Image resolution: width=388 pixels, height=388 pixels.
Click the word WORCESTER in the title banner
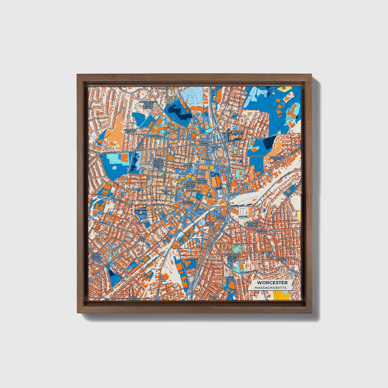272,282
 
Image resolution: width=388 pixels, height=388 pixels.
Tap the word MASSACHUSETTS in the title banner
271,288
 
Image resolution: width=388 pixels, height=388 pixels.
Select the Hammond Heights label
130,131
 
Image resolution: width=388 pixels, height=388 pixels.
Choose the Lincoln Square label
204,144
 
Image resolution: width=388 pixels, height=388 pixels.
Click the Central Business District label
202,181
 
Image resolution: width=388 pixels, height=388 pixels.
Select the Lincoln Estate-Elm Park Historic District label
158,163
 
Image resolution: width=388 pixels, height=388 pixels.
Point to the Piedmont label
142,223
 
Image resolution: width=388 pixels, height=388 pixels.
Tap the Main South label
142,239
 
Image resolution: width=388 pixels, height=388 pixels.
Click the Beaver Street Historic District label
96,256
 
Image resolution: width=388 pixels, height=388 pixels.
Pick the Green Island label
210,224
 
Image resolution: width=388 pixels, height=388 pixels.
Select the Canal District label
220,217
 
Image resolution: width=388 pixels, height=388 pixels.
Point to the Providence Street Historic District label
231,258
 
